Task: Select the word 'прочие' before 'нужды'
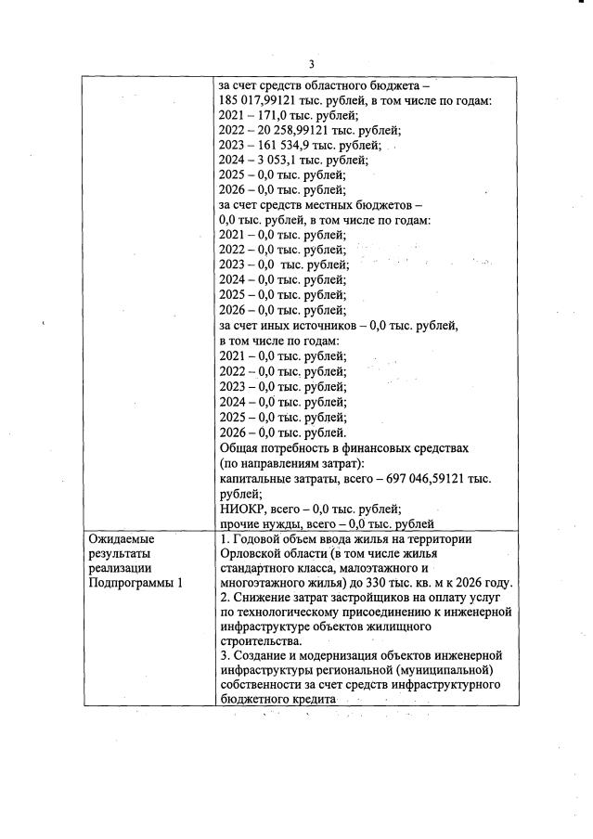pyautogui.click(x=240, y=523)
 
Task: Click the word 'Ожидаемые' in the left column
pyautogui.click(x=121, y=538)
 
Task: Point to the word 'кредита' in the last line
pyautogui.click(x=310, y=701)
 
